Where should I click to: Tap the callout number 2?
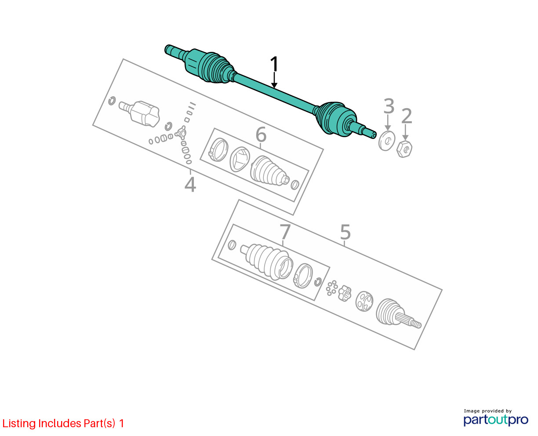click(x=407, y=116)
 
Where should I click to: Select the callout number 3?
click(x=389, y=106)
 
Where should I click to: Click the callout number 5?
click(x=345, y=232)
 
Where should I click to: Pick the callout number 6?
click(x=261, y=134)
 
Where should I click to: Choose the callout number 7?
click(x=285, y=232)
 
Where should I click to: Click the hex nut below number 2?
click(x=405, y=149)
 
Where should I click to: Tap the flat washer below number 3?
click(x=387, y=141)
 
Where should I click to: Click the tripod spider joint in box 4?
click(x=181, y=132)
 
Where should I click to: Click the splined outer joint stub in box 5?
click(x=398, y=314)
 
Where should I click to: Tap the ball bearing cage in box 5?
click(x=364, y=301)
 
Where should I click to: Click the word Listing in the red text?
click(x=19, y=424)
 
